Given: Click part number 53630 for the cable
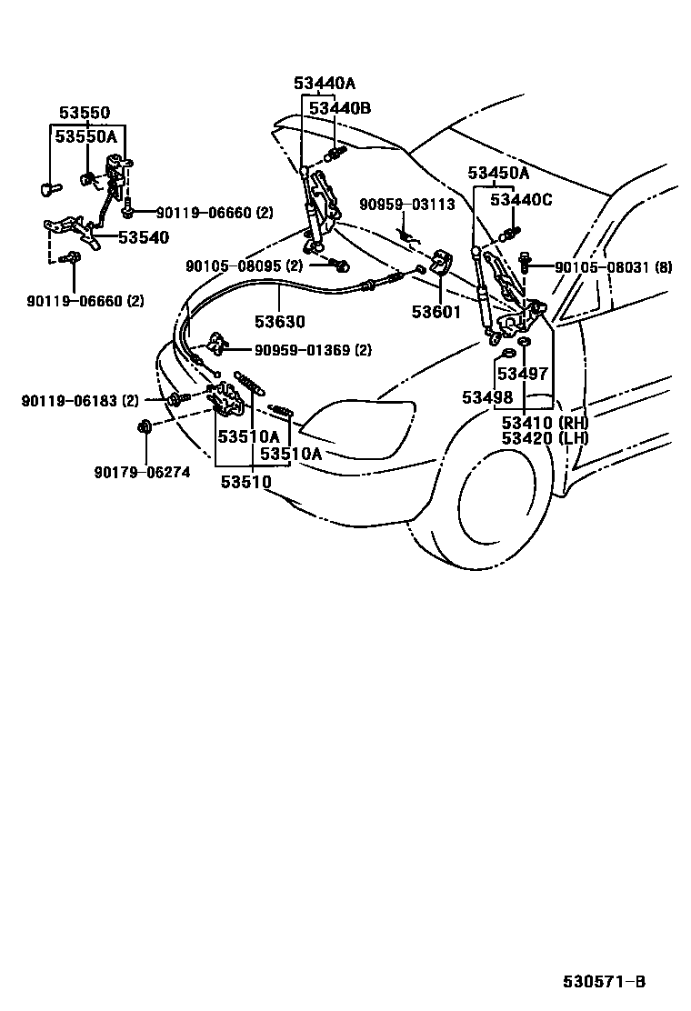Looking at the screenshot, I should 279,322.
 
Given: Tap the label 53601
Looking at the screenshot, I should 436,312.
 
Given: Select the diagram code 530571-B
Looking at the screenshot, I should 604,982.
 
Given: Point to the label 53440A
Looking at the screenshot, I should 325,84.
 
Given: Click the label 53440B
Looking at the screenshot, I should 340,108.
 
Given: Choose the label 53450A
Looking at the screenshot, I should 498,173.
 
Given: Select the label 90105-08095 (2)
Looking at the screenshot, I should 244,266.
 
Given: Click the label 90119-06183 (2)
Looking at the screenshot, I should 80,400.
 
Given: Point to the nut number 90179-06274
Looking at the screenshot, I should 142,472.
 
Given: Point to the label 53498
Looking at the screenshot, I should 486,397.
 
